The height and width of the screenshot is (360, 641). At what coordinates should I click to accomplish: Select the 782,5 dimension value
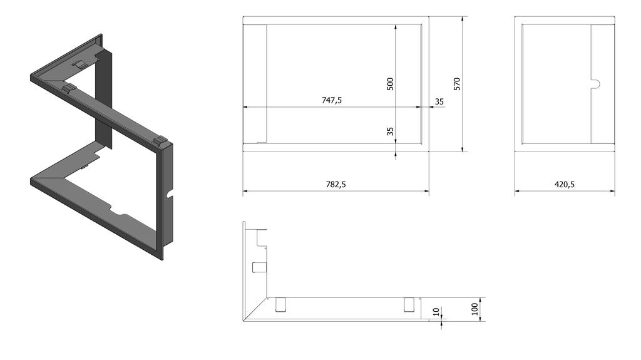(336, 185)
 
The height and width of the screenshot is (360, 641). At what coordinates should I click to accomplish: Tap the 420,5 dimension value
(565, 185)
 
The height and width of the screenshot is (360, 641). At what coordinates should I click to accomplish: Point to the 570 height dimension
(457, 84)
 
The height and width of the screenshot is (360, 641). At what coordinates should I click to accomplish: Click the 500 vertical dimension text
(390, 84)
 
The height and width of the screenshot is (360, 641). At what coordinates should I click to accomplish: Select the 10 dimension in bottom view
(436, 311)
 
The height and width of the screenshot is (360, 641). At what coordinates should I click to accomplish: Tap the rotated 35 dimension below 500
(390, 131)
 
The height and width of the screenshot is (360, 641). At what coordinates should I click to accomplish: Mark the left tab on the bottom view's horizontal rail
(280, 304)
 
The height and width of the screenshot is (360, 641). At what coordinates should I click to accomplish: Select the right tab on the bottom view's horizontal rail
(409, 304)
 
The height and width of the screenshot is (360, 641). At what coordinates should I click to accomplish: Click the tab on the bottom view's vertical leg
(256, 267)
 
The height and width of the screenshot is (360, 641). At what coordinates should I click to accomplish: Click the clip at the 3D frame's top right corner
(161, 140)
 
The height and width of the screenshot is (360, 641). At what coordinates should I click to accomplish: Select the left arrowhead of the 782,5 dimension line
(245, 190)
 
